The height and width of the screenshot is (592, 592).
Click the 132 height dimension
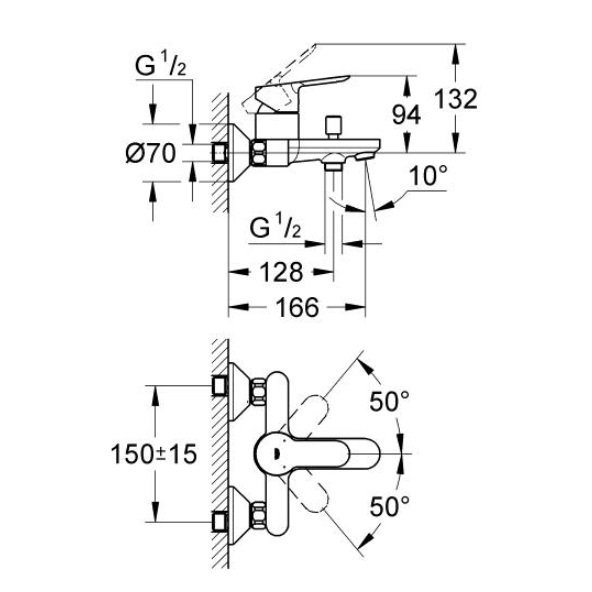pyautogui.click(x=456, y=99)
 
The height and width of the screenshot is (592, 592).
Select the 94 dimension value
pyautogui.click(x=406, y=115)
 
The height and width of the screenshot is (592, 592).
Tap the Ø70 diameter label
pyautogui.click(x=151, y=154)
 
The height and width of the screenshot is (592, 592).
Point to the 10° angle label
pyautogui.click(x=428, y=175)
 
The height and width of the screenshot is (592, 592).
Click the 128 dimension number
pyautogui.click(x=282, y=272)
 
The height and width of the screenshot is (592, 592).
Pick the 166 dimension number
pyautogui.click(x=298, y=307)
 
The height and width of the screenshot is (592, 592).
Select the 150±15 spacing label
pyautogui.click(x=154, y=453)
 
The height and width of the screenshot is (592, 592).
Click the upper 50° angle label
pyautogui.click(x=389, y=401)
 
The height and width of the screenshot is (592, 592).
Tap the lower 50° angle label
pyautogui.click(x=389, y=506)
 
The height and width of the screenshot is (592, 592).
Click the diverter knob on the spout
pyautogui.click(x=333, y=128)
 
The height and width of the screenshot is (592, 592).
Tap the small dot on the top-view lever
pyautogui.click(x=276, y=453)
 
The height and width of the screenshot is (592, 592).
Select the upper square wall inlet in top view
pyautogui.click(x=219, y=386)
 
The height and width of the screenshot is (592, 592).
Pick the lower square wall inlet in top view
pyautogui.click(x=219, y=522)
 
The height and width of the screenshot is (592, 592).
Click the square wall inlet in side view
pyautogui.click(x=219, y=153)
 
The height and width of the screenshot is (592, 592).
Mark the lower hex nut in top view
pyautogui.click(x=259, y=516)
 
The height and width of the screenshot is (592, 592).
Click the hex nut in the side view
pyautogui.click(x=259, y=153)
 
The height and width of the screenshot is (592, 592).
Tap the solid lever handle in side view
pyautogui.click(x=302, y=91)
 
